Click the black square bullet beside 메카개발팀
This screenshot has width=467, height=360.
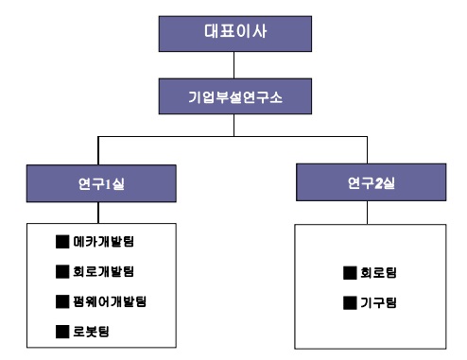[x=62, y=242]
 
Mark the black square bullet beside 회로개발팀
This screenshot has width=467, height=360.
[x=62, y=272]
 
